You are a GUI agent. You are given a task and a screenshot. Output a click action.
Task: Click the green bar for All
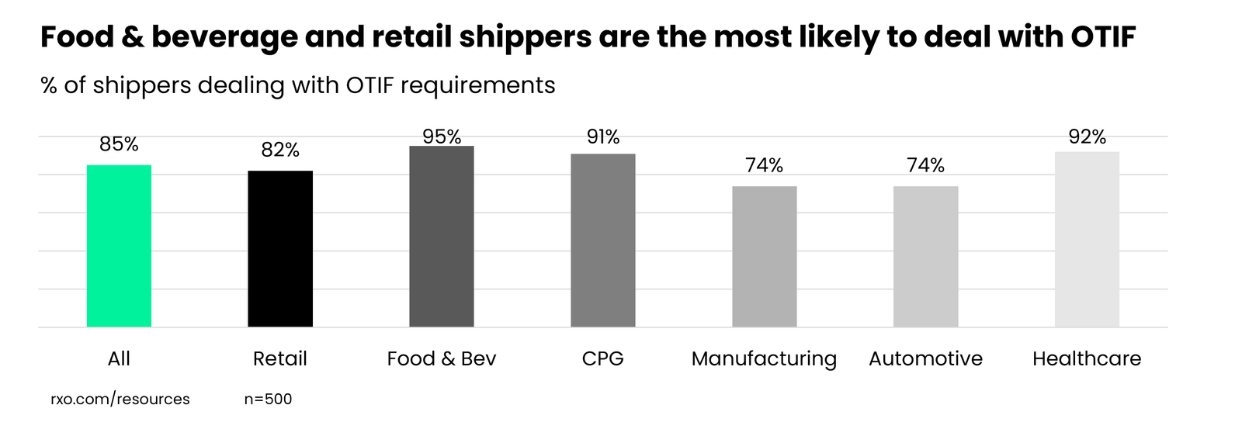pyautogui.click(x=119, y=246)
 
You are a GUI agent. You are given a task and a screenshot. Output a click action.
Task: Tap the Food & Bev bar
pyautogui.click(x=442, y=237)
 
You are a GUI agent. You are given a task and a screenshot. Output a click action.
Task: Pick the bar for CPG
pyautogui.click(x=603, y=240)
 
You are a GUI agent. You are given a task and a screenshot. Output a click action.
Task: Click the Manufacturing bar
pyautogui.click(x=765, y=256)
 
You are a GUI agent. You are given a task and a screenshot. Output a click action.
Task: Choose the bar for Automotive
pyautogui.click(x=925, y=256)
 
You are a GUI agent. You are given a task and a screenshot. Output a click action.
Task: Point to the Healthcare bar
pyautogui.click(x=1087, y=239)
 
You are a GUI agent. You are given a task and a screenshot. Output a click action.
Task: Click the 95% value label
pyautogui.click(x=442, y=137)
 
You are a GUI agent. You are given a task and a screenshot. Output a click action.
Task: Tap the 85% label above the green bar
pyautogui.click(x=119, y=144)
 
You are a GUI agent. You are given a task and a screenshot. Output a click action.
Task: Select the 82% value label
pyautogui.click(x=280, y=150)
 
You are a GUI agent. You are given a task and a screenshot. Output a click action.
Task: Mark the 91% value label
pyautogui.click(x=603, y=137)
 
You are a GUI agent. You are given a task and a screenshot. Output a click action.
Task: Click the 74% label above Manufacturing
pyautogui.click(x=765, y=165)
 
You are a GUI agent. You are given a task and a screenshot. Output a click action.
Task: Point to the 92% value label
pyautogui.click(x=1087, y=137)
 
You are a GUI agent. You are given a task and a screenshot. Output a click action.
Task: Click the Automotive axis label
pyautogui.click(x=925, y=358)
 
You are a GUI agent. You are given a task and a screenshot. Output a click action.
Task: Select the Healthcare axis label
pyautogui.click(x=1087, y=358)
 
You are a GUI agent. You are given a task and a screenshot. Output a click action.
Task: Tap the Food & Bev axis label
pyautogui.click(x=442, y=358)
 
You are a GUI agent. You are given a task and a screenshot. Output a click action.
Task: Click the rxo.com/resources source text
pyautogui.click(x=120, y=400)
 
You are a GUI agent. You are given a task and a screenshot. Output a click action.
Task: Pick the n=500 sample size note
pyautogui.click(x=268, y=400)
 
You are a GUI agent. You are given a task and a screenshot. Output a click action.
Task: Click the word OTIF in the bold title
pyautogui.click(x=1103, y=37)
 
